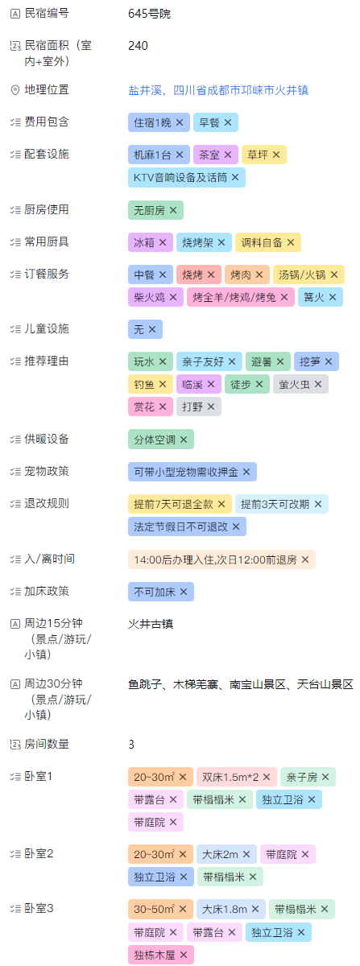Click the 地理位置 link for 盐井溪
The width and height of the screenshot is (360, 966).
(x=218, y=90)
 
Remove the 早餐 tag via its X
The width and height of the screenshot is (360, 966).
(x=228, y=122)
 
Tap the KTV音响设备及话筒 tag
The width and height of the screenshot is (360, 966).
(x=187, y=178)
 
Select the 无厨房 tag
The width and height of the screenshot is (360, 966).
(x=155, y=210)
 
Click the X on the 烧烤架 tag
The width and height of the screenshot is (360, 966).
(x=221, y=242)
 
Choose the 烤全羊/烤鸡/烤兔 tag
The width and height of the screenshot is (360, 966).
(x=241, y=297)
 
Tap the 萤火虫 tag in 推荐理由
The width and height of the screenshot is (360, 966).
(x=300, y=384)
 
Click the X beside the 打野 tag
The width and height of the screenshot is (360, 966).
(x=211, y=407)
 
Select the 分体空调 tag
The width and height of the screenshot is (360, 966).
(x=160, y=440)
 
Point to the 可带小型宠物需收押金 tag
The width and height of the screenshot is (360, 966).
(x=192, y=472)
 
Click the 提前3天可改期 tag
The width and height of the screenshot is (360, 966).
(x=281, y=504)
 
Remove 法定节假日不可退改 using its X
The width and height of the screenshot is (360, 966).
(x=236, y=526)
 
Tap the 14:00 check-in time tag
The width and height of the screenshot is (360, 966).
(x=221, y=559)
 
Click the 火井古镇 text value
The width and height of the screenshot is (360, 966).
(x=151, y=624)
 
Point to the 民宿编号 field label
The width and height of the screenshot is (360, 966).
(x=47, y=14)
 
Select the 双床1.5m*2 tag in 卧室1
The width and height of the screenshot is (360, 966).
(x=236, y=777)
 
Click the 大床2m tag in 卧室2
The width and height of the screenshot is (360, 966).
(x=226, y=854)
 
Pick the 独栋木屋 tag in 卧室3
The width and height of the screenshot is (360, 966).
(x=160, y=956)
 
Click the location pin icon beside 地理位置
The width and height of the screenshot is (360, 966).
(x=15, y=90)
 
